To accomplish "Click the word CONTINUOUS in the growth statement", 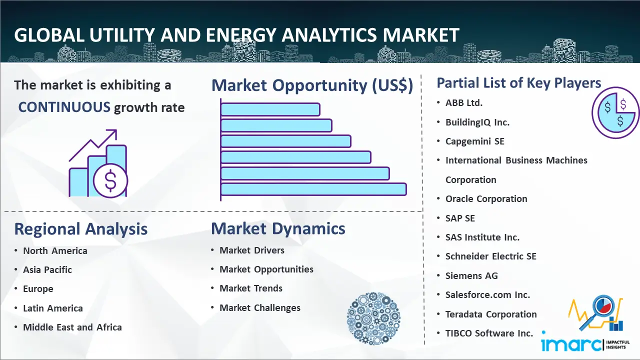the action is [x=64, y=107].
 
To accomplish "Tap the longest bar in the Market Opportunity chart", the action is [x=313, y=189].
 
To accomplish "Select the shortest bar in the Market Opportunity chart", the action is [x=270, y=109].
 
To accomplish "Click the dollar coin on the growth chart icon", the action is [x=110, y=181].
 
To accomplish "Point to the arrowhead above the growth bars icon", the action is [x=113, y=133].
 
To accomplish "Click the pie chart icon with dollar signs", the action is [x=615, y=113].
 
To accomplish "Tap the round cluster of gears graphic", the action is [x=373, y=318].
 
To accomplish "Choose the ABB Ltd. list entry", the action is [x=464, y=103].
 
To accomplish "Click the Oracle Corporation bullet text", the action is [x=486, y=199].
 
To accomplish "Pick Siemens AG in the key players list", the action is [x=471, y=275].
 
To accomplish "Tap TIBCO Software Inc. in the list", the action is [x=489, y=333].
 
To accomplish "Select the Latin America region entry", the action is [x=53, y=308].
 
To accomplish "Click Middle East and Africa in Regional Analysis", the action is [x=72, y=327].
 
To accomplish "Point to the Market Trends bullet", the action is [x=251, y=288].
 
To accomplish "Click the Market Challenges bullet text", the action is [x=260, y=308].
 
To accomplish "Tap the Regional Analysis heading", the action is [x=81, y=229].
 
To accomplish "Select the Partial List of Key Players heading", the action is [x=519, y=83].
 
